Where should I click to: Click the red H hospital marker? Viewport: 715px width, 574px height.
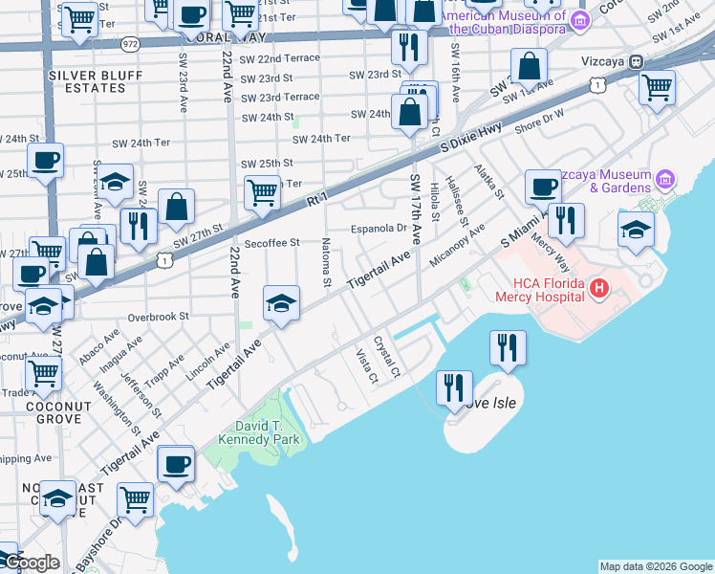point(599,287)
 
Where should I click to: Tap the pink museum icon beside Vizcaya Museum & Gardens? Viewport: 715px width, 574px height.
point(666,179)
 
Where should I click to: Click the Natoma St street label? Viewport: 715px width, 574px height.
point(327,263)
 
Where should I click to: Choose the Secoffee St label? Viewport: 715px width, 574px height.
point(272,243)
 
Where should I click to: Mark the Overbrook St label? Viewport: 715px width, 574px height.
point(160,316)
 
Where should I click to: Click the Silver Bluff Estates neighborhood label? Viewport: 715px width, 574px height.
point(87,81)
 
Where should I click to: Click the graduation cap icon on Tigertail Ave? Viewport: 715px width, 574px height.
point(281,304)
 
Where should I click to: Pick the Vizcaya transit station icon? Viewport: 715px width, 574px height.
point(636,61)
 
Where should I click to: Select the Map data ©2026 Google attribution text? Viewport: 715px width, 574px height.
point(656,566)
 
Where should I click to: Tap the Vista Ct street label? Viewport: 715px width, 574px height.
point(366,366)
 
